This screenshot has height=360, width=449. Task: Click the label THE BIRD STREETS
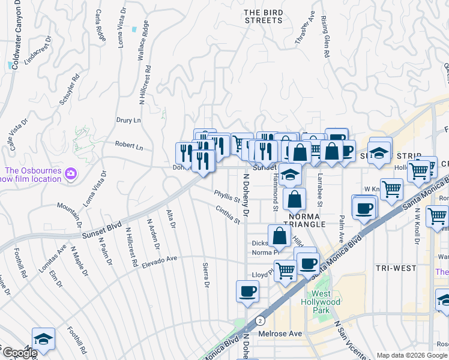click(x=263, y=16)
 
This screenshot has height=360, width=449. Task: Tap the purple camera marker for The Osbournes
click(x=71, y=174)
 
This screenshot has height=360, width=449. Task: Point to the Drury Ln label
click(x=128, y=120)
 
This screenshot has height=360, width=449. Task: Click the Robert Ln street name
click(x=129, y=146)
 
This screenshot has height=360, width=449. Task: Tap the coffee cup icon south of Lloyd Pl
click(x=247, y=292)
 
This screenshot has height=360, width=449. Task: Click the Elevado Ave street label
click(x=160, y=259)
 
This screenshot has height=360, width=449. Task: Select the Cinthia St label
click(x=228, y=214)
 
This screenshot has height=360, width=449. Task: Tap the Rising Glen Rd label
click(x=324, y=37)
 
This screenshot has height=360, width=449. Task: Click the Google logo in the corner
click(x=19, y=353)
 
